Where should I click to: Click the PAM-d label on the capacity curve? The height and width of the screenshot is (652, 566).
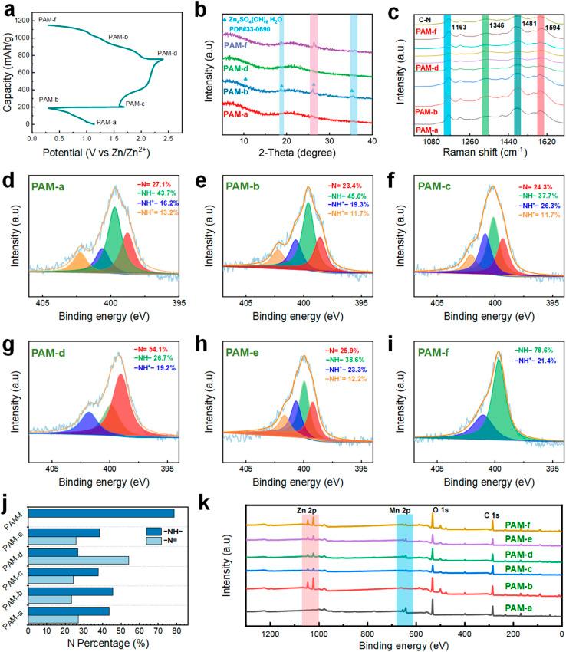coord(168,53)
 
